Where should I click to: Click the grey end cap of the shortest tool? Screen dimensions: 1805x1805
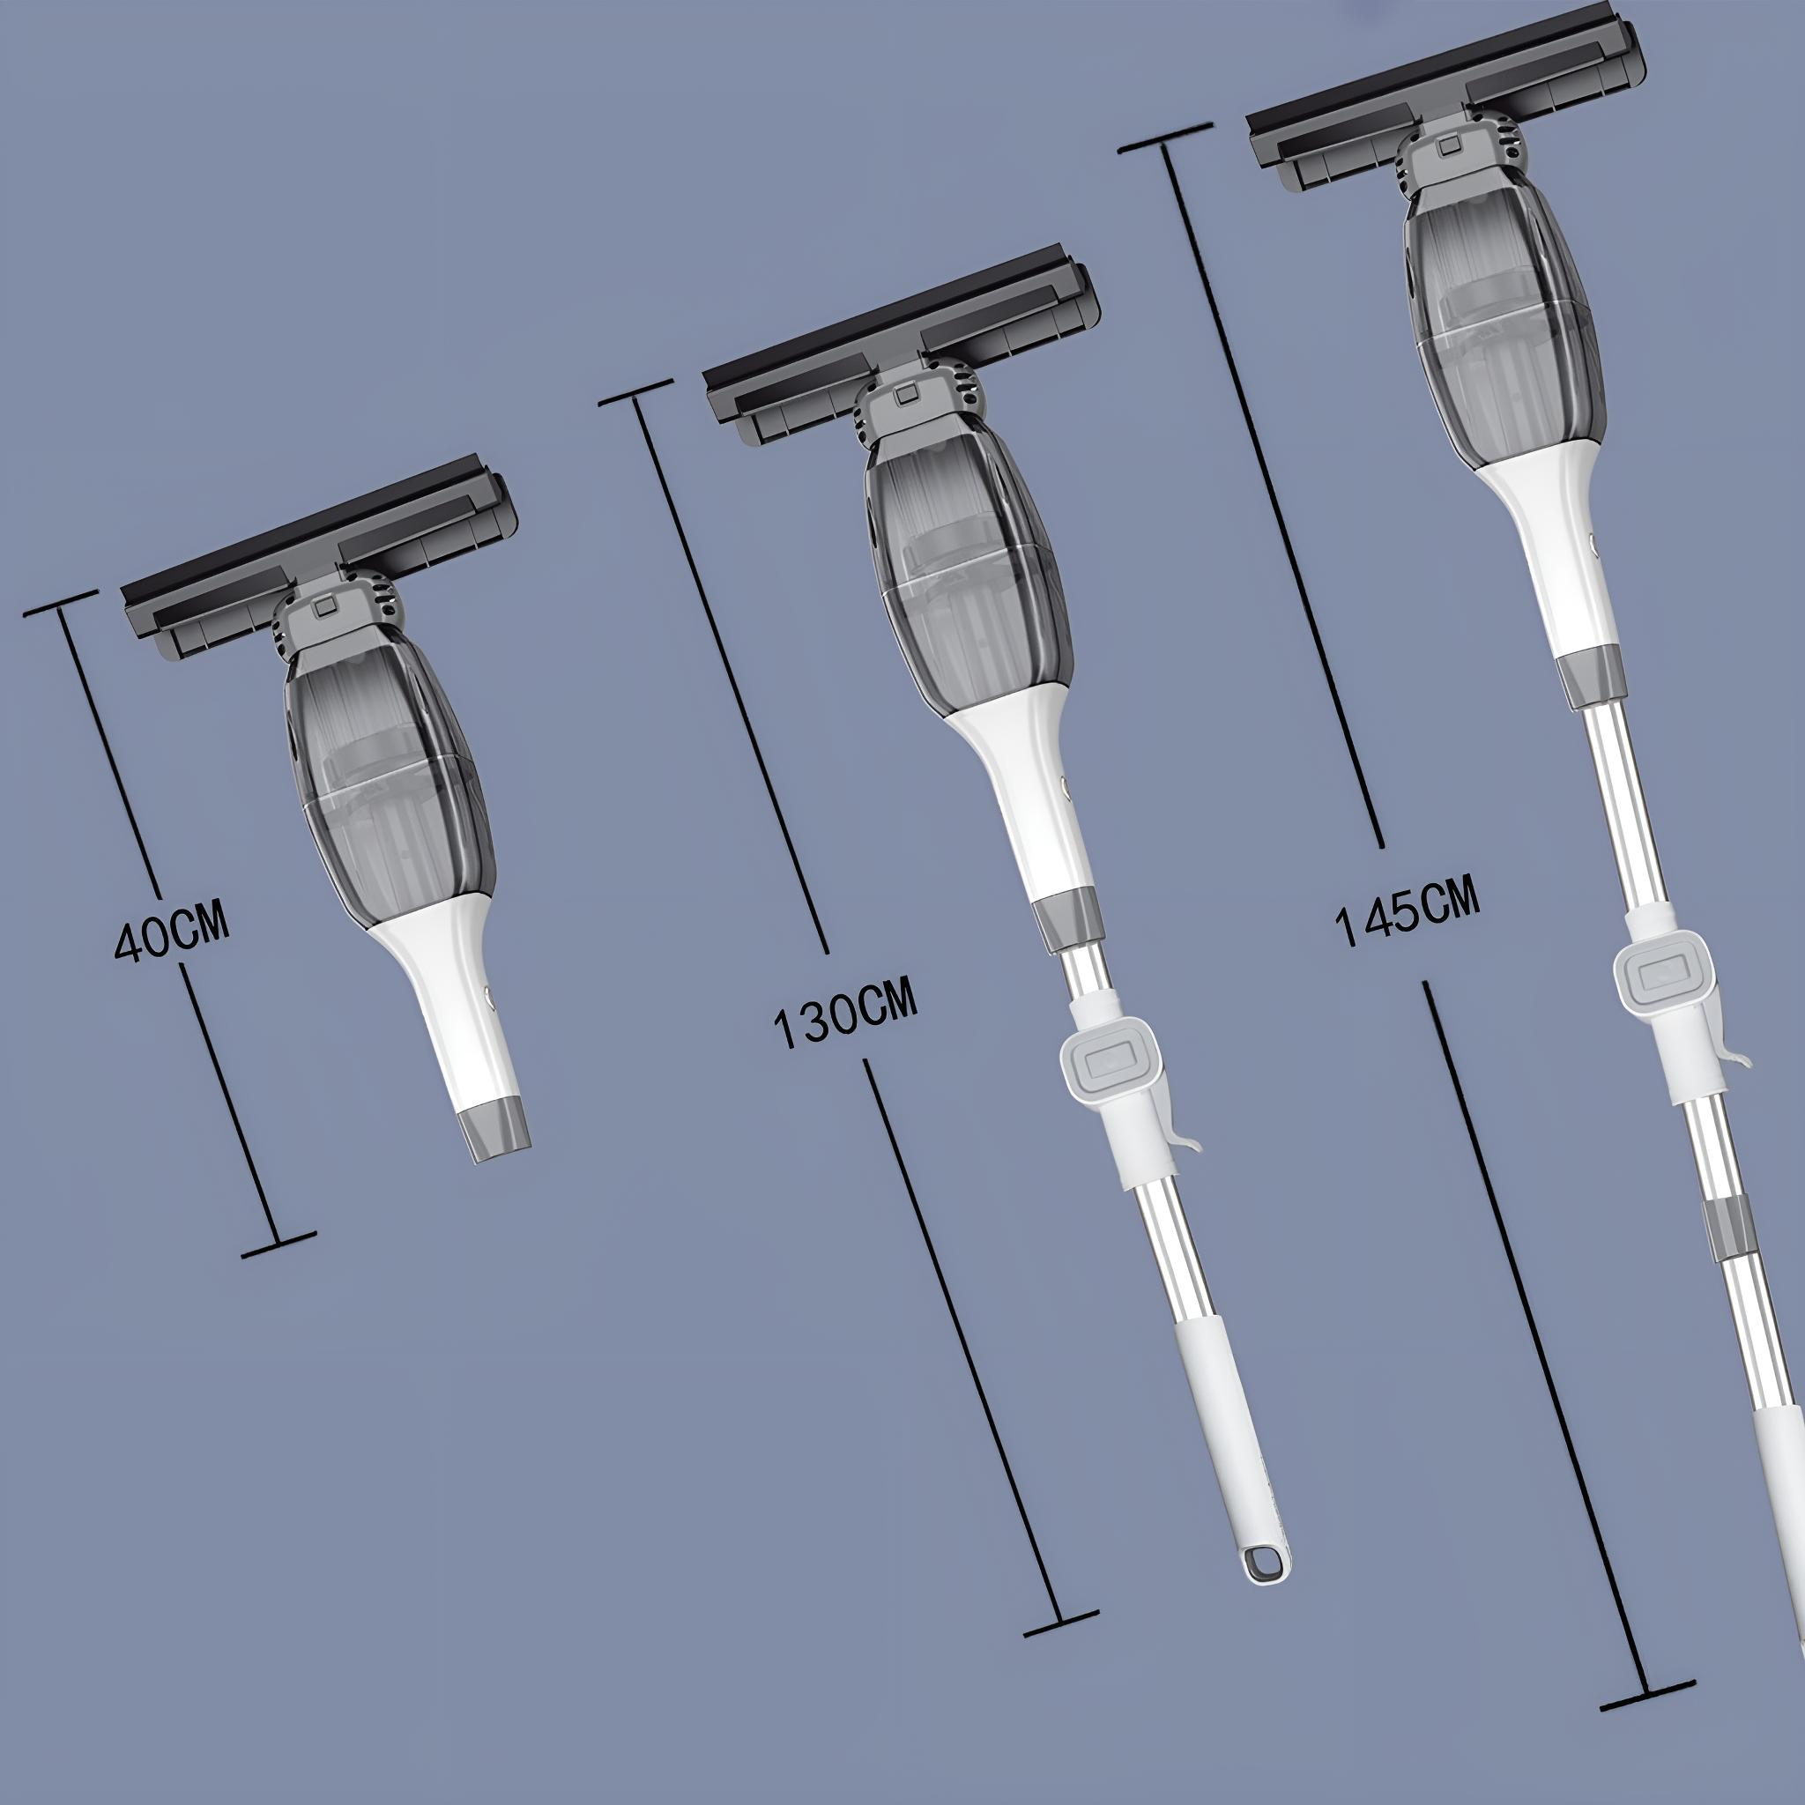(x=497, y=1132)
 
